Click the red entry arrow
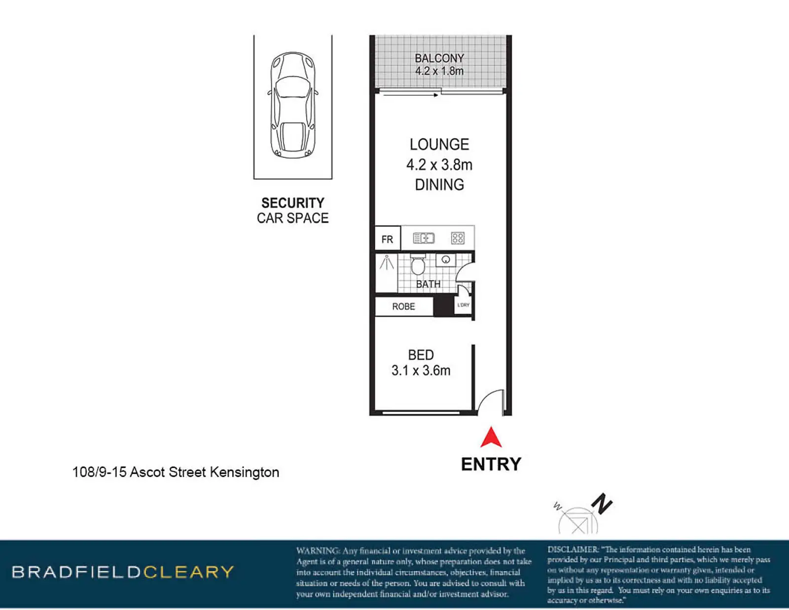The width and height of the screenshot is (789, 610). click(x=491, y=438)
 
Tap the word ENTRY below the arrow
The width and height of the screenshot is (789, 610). click(x=491, y=464)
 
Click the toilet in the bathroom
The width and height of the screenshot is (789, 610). click(x=418, y=265)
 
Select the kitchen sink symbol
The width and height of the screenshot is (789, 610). click(x=424, y=238)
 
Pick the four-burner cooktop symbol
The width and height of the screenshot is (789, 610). click(x=458, y=238)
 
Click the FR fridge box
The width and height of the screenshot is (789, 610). click(x=388, y=238)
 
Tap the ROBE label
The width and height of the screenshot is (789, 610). click(x=403, y=306)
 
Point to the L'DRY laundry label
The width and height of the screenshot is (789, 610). click(x=464, y=305)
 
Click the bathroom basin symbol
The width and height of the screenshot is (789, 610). click(x=446, y=260)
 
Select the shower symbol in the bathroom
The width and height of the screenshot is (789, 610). click(x=386, y=263)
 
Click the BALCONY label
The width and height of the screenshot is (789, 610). click(x=439, y=58)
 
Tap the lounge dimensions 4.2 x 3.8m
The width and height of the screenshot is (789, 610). click(x=439, y=165)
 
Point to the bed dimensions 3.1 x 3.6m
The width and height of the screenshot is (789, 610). click(x=421, y=371)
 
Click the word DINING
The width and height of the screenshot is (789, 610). click(x=439, y=185)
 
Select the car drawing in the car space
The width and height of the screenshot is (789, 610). click(x=293, y=105)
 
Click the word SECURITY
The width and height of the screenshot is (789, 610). click(x=292, y=203)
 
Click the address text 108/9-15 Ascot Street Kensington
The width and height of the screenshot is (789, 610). click(x=176, y=472)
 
